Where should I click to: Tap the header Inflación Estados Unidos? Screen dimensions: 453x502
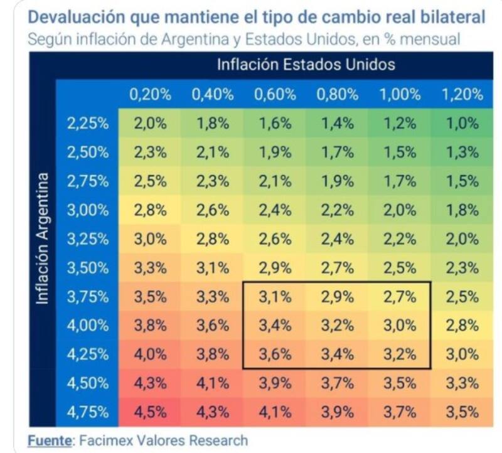306,65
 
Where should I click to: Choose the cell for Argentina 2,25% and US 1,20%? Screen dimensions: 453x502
462,124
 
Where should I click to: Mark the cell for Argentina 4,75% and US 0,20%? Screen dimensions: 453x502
150,413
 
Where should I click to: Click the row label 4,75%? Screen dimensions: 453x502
88,413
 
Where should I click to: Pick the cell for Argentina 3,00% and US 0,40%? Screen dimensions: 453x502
213,210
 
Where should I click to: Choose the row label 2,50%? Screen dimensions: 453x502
88,152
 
